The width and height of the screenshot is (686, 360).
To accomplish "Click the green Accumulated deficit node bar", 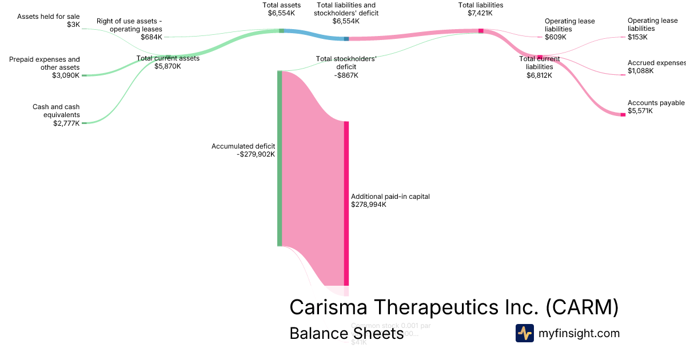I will (x=280, y=158).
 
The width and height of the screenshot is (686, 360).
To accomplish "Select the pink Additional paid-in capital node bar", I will (x=346, y=203).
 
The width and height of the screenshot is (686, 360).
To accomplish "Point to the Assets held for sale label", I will (x=49, y=17).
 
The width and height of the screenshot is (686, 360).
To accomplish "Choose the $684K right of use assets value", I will (x=151, y=37).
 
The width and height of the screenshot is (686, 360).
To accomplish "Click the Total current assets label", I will (x=168, y=58).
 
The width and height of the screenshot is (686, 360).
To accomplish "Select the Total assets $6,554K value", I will (x=282, y=13).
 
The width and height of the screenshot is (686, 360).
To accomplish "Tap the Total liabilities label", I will (x=481, y=5).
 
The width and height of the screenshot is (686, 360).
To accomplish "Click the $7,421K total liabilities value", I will (x=481, y=13).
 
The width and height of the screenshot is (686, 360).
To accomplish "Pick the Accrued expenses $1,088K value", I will (x=640, y=71).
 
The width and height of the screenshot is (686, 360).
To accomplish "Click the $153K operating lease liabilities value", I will (x=637, y=37).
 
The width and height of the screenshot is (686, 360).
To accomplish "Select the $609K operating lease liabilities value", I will (x=556, y=37).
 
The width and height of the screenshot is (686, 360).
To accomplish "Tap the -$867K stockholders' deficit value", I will (x=346, y=75).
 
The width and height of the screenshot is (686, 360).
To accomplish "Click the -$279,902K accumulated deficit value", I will (x=256, y=154).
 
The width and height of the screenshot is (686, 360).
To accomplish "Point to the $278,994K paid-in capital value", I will (x=369, y=205).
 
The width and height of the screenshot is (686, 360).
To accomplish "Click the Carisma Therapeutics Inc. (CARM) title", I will (x=454, y=307).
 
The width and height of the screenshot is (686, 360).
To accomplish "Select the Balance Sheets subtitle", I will (x=346, y=333).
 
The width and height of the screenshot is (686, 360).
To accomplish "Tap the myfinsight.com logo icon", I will (x=524, y=333).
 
